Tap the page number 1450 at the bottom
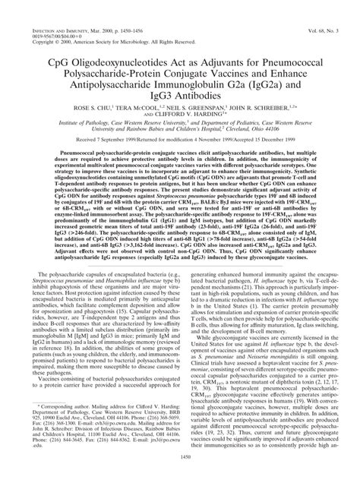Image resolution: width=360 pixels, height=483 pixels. pyautogui.click(x=179, y=469)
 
